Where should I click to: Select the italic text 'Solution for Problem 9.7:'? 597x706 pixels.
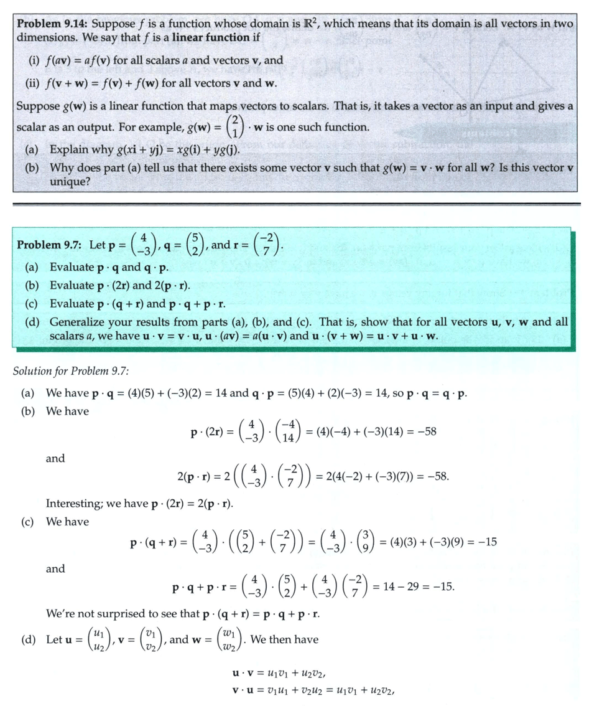click(70, 371)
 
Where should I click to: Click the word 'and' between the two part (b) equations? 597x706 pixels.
click(55, 458)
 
